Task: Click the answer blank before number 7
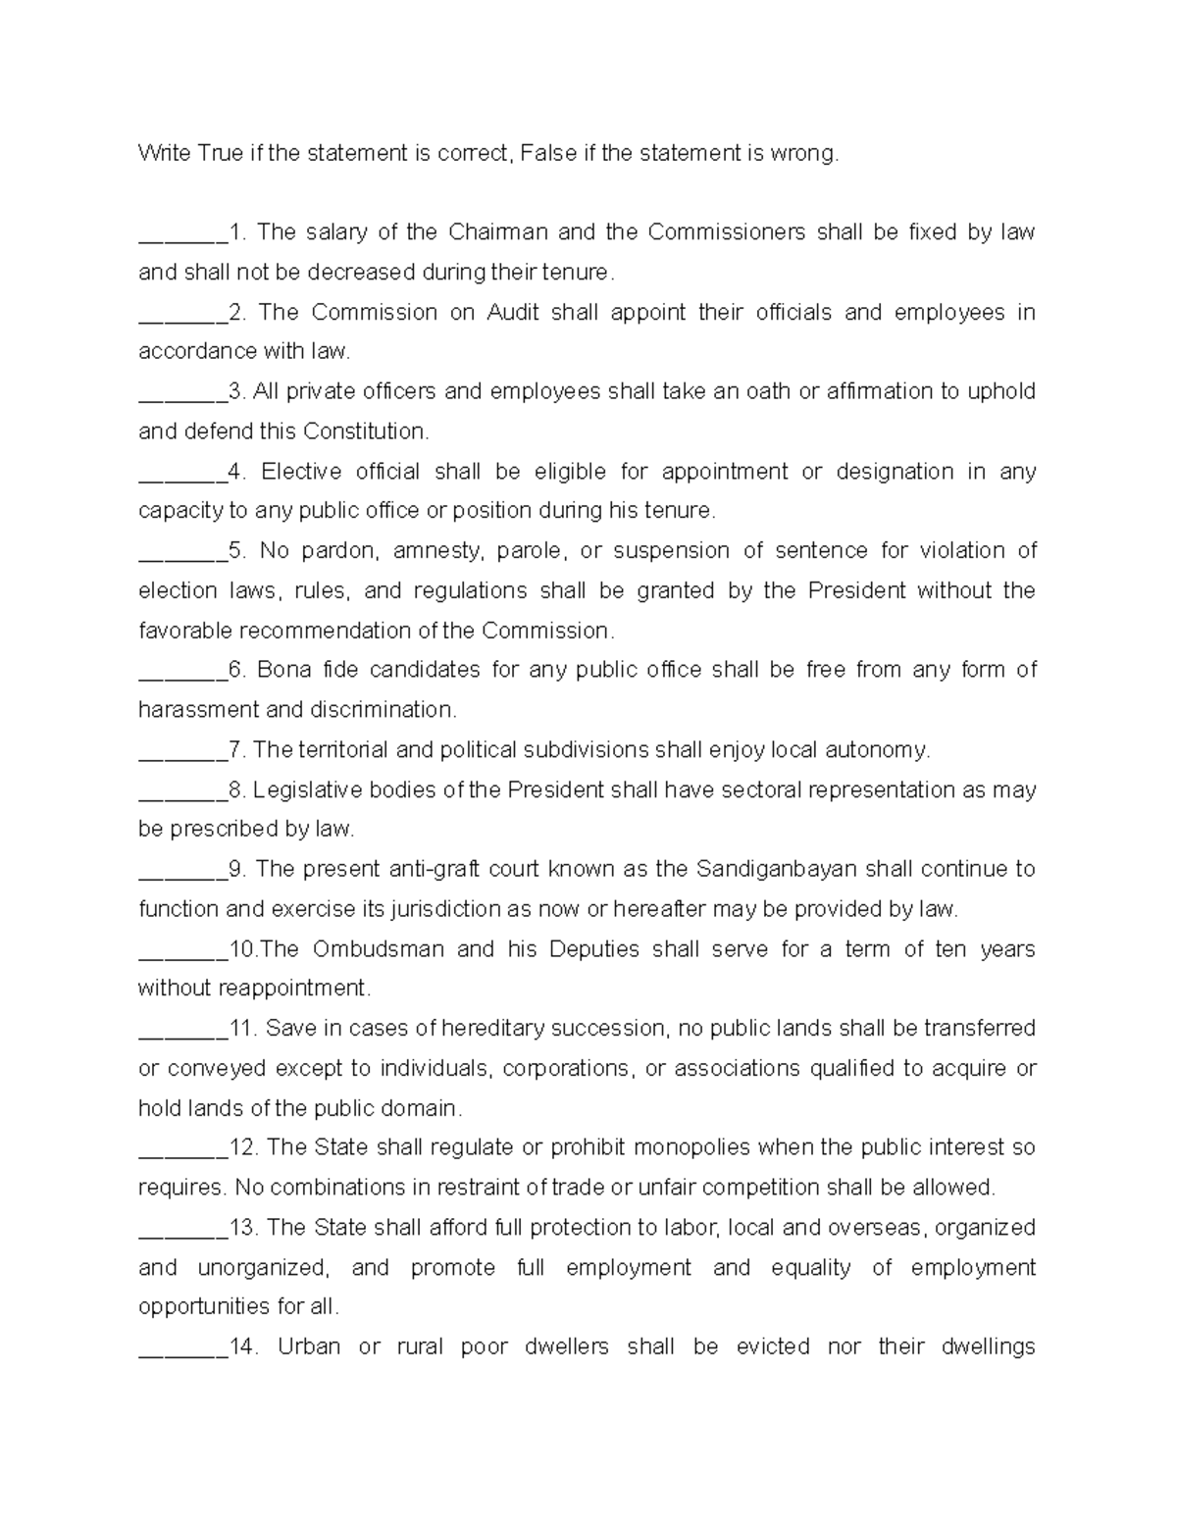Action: click(x=181, y=751)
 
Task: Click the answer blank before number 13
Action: click(x=181, y=1229)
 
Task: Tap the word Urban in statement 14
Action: click(x=309, y=1346)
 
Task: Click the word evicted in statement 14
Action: click(x=772, y=1346)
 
